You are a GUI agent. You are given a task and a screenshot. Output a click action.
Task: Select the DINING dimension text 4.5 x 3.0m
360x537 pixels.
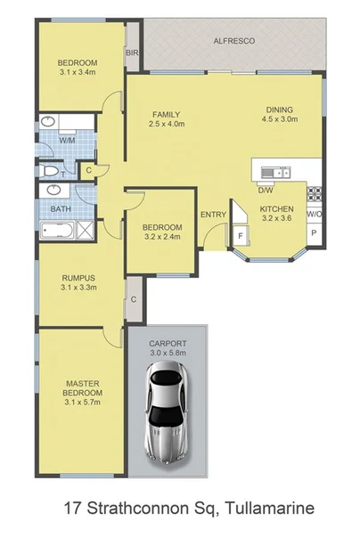click(x=278, y=122)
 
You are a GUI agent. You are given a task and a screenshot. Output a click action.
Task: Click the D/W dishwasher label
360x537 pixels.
click(x=265, y=190)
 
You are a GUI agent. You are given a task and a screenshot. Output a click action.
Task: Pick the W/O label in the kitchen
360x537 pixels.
click(x=314, y=215)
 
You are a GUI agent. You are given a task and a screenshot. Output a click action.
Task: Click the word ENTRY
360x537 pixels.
click(x=212, y=214)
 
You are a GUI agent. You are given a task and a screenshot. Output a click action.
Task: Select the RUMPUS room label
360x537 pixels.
click(x=78, y=277)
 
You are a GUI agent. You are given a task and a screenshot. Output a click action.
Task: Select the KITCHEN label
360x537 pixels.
click(x=275, y=209)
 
